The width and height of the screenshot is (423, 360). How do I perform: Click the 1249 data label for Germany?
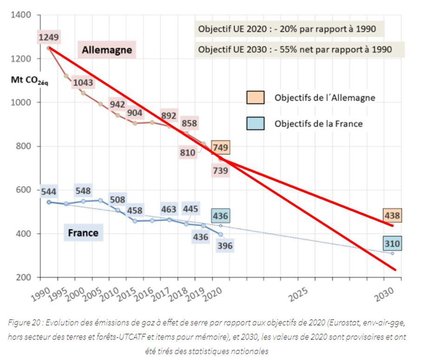click(49, 37)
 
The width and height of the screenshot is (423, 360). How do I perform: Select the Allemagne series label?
click(107, 50)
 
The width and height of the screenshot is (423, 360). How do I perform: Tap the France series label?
click(83, 232)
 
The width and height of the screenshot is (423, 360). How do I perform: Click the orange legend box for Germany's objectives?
click(255, 98)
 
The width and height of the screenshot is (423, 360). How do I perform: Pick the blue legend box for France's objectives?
click(255, 124)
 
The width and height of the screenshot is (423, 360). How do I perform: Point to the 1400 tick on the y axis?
click(22, 15)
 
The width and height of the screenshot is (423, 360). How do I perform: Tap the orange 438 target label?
click(392, 216)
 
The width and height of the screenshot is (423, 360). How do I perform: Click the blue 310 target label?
click(392, 243)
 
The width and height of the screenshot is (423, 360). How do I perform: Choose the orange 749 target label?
click(220, 147)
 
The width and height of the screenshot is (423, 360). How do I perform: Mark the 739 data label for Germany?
click(220, 171)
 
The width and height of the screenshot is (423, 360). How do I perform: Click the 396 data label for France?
click(224, 246)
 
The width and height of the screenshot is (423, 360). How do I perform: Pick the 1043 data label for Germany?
click(83, 83)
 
